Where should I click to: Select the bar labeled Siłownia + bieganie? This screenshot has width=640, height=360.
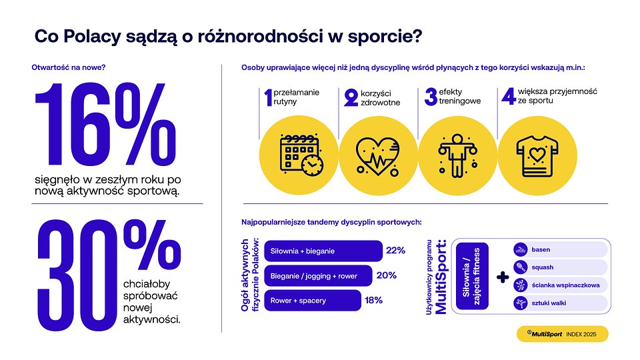[x=323, y=251]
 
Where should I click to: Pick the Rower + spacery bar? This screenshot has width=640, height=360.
[x=313, y=301]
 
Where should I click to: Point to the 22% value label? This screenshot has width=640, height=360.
[x=395, y=251]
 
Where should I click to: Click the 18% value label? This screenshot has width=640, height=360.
[x=373, y=301]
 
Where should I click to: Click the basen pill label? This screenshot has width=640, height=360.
[x=559, y=250]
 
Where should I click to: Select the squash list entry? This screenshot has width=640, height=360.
[x=559, y=267]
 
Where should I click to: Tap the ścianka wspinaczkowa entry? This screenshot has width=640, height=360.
[x=559, y=285]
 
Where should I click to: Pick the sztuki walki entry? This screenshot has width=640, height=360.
[x=559, y=303]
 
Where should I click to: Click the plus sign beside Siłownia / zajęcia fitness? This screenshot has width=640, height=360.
[x=503, y=277]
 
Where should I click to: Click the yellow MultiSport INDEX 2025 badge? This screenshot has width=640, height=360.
[x=562, y=334]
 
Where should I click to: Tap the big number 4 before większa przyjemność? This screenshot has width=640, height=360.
[x=508, y=97]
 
